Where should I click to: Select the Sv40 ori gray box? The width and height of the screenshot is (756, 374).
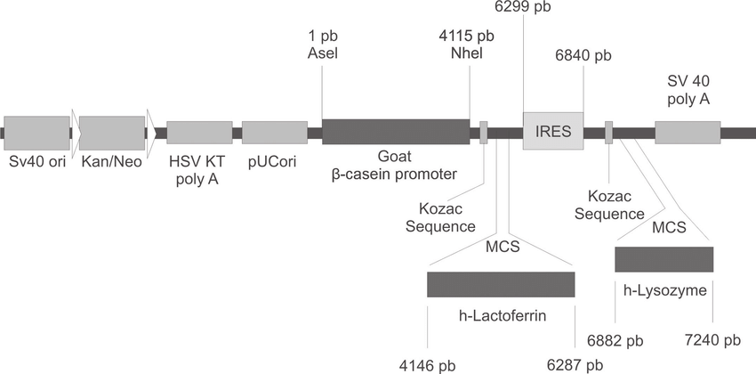pyautogui.click(x=36, y=132)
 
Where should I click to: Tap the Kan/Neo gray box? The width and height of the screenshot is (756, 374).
pyautogui.click(x=112, y=132)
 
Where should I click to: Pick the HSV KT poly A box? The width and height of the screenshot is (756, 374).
pyautogui.click(x=199, y=132)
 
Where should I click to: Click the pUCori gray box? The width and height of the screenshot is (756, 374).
pyautogui.click(x=275, y=132)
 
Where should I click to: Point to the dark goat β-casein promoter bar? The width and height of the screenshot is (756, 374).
pyautogui.click(x=395, y=132)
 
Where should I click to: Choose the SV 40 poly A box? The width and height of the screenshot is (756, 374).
pyautogui.click(x=687, y=132)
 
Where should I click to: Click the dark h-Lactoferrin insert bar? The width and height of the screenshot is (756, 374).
pyautogui.click(x=501, y=285)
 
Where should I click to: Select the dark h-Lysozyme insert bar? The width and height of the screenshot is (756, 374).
pyautogui.click(x=664, y=259)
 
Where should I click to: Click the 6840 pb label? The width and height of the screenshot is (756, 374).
pyautogui.click(x=583, y=56)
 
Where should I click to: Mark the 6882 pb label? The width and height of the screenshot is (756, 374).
pyautogui.click(x=615, y=339)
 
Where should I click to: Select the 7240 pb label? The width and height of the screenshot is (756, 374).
pyautogui.click(x=712, y=339)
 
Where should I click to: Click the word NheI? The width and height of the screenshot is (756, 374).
pyautogui.click(x=466, y=53)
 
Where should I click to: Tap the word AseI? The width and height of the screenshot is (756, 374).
pyautogui.click(x=322, y=53)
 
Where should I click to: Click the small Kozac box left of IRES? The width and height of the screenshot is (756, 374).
pyautogui.click(x=484, y=133)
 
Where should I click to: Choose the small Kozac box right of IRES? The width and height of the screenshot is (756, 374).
pyautogui.click(x=609, y=133)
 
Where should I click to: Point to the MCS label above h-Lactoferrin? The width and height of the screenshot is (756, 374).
pyautogui.click(x=501, y=244)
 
